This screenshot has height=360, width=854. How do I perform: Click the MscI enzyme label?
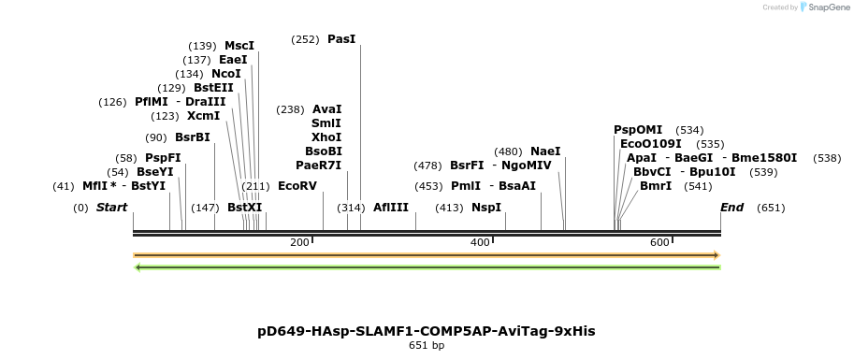239,45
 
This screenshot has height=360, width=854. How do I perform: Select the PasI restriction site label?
341,39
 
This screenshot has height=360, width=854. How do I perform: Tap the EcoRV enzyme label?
297,185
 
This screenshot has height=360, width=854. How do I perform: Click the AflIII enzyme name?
391,207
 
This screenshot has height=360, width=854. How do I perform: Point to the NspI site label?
486,207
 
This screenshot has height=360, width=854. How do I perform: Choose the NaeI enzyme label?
545,151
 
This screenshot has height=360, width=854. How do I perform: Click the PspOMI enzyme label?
638,129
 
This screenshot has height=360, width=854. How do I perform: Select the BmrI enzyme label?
656,185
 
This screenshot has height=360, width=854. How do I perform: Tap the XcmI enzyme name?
203,116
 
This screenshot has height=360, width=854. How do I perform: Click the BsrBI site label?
193,137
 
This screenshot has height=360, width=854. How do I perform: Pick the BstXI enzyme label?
245,207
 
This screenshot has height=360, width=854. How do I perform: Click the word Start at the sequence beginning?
111,207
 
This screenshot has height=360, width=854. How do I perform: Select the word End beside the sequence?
731,207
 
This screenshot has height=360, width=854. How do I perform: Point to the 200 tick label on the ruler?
299,242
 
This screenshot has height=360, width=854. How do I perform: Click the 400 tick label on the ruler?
480,242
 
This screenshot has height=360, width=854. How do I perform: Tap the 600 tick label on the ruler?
659,242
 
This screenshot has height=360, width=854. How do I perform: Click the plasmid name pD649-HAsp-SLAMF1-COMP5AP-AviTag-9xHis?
427,331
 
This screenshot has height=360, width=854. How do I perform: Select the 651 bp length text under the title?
427,346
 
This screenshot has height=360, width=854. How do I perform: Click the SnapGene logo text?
824,7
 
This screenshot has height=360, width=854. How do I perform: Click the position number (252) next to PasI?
305,39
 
